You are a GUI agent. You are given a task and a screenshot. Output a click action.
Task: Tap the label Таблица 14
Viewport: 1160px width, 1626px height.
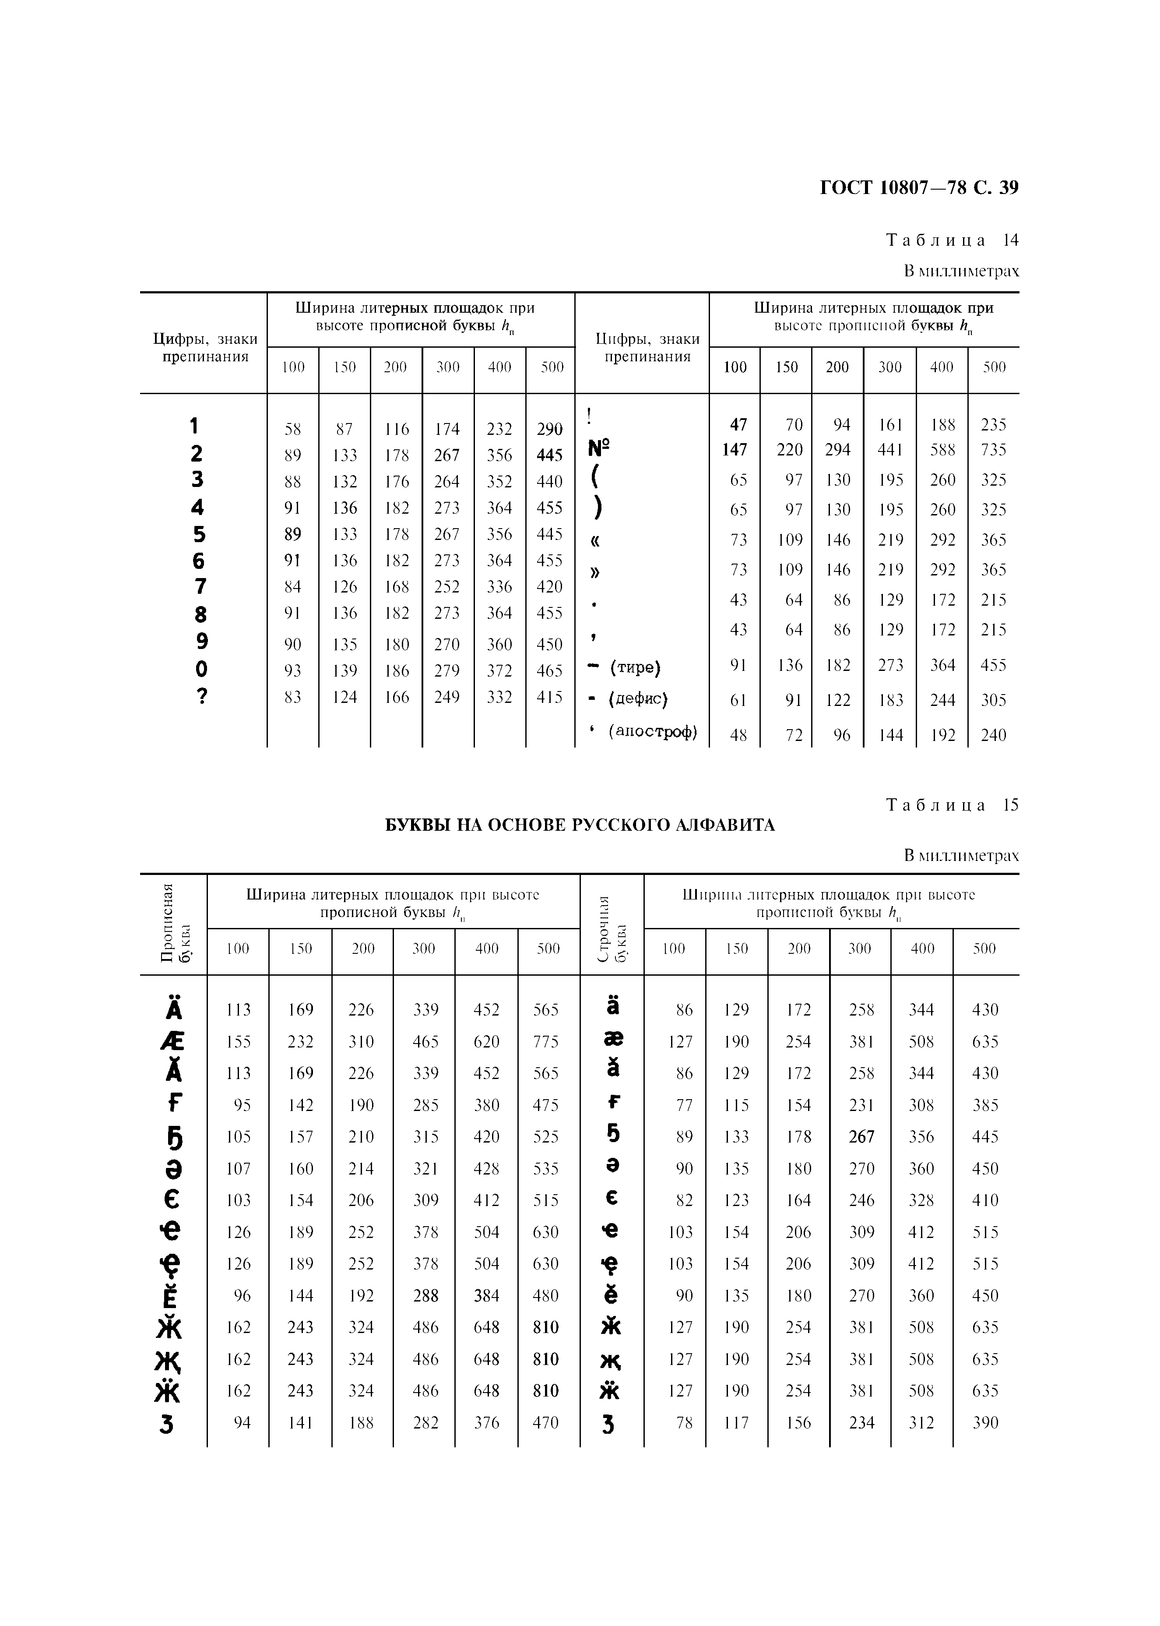(952, 240)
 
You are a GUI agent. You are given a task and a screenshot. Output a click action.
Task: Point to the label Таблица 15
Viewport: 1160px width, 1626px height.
(952, 805)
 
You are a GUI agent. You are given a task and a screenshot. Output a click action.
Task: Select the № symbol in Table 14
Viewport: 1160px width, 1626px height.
(598, 449)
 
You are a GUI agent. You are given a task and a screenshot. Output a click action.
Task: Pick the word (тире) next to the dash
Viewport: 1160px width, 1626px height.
(635, 667)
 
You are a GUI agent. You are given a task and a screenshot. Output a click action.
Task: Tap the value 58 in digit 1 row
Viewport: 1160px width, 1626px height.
(293, 429)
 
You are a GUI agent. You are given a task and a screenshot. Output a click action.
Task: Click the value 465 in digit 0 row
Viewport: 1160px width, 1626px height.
(549, 670)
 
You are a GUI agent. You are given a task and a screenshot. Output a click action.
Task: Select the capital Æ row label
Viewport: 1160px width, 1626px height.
(172, 1042)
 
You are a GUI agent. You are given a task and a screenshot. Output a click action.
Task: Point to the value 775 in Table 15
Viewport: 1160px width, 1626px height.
(546, 1042)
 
